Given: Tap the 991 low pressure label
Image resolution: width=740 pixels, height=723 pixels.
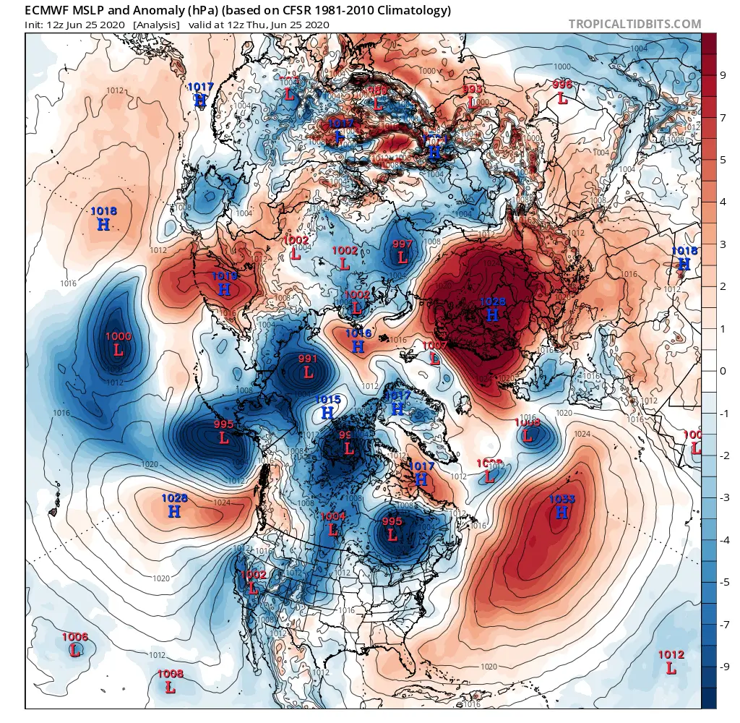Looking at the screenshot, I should pos(308,367).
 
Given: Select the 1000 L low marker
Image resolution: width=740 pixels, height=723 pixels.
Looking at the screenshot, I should pos(119,344).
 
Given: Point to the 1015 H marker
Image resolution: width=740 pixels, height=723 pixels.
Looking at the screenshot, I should pos(327,406).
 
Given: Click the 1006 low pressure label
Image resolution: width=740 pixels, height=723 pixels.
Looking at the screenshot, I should pos(74,644).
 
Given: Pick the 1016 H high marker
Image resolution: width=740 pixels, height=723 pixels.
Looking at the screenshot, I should pos(358,341).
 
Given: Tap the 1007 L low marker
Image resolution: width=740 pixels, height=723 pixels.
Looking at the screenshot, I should pos(435,353).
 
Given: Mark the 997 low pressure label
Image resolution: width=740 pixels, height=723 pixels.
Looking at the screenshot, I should pos(403,251).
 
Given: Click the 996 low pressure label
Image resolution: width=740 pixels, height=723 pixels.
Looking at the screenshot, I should pos(562,92).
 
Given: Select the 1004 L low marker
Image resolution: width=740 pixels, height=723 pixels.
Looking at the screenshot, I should pos(333,523).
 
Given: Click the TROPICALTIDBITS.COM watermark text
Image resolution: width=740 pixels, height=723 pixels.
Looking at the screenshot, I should pos(634,24).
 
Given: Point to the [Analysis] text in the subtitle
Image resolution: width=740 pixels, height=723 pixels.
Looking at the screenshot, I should pos(156,25).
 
